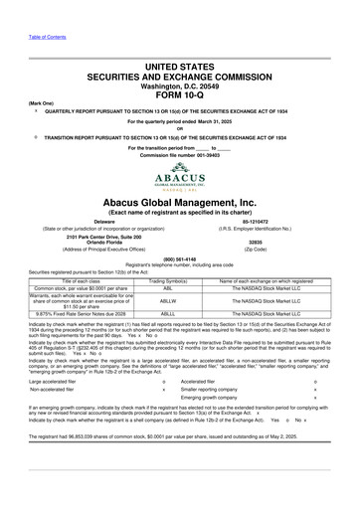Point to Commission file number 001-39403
[x=179, y=156]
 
